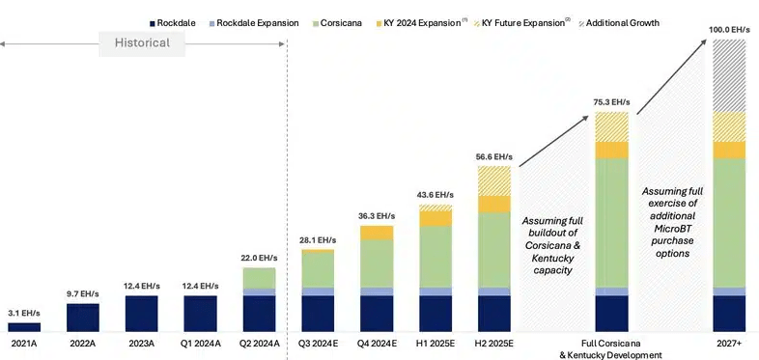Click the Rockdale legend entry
[173, 23]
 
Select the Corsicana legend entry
[338, 23]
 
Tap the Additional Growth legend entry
[619, 23]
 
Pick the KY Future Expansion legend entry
[520, 23]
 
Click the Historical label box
[142, 43]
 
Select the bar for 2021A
[24, 327]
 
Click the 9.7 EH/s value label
[83, 293]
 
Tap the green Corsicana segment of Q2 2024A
[260, 278]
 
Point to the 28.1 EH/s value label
[318, 240]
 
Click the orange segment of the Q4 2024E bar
[377, 233]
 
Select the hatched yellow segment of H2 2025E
[494, 181]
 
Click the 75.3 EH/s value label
[612, 102]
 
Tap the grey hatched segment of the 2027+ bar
[729, 76]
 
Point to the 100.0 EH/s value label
[729, 30]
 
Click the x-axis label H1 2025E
[436, 344]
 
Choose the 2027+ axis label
[729, 344]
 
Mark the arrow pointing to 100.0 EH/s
[671, 77]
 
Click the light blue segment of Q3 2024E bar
[318, 291]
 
